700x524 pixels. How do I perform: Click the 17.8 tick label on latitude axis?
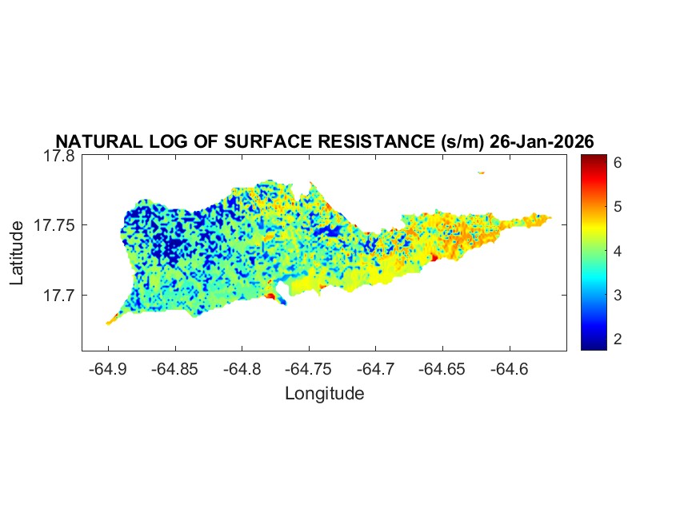(59, 156)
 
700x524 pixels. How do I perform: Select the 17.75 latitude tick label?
(54, 225)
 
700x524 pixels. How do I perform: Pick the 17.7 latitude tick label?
(59, 295)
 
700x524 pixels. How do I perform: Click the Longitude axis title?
(324, 393)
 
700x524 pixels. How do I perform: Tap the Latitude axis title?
(17, 254)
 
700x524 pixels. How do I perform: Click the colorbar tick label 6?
(618, 162)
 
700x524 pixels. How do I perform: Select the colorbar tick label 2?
(618, 339)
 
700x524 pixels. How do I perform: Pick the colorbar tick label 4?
(618, 251)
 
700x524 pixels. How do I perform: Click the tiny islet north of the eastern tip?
(482, 172)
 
